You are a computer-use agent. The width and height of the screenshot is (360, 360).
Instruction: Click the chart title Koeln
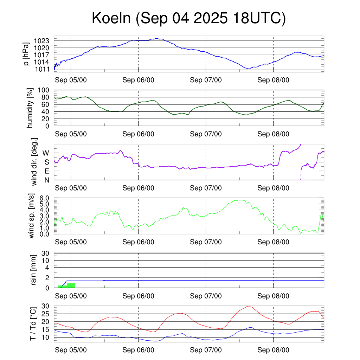(x=188, y=18)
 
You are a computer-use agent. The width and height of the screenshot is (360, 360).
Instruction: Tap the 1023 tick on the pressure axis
(x=44, y=41)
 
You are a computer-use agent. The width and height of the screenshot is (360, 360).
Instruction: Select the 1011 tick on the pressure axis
(x=44, y=69)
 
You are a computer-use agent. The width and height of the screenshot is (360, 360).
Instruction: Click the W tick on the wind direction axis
(x=46, y=153)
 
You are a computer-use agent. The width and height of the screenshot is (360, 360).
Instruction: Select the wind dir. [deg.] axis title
(x=34, y=162)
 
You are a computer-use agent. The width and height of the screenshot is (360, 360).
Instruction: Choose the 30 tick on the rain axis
(x=46, y=253)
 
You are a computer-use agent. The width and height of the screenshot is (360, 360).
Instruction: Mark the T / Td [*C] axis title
(x=33, y=323)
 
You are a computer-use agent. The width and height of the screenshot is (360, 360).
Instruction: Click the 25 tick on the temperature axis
(x=46, y=314)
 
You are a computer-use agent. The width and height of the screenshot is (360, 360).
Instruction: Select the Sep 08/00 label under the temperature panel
(x=273, y=350)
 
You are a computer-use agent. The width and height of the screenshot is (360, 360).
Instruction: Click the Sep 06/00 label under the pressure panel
(x=138, y=80)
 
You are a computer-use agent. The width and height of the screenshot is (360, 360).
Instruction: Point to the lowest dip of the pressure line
(x=249, y=69)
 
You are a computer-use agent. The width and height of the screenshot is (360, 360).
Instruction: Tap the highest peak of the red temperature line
(x=248, y=306)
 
